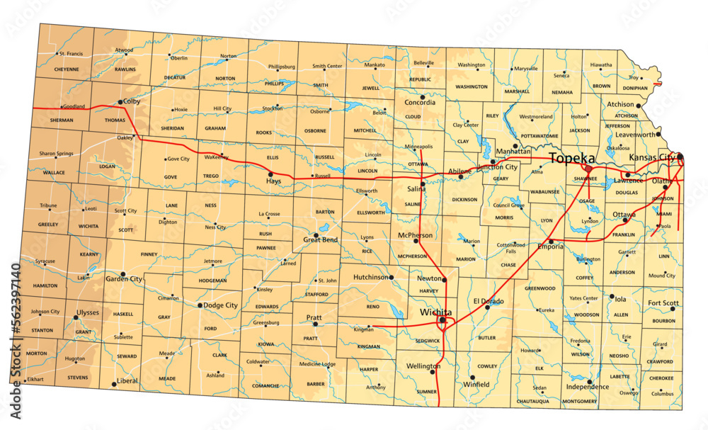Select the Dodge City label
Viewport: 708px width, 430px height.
220,305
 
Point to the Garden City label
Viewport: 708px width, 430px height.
123,279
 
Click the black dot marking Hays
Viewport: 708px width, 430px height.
270,174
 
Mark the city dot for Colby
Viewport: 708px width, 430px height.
120,102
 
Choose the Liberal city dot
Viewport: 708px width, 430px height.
113,384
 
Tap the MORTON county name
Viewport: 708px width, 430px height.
36,353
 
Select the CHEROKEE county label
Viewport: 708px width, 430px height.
661,378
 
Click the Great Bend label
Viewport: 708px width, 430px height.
320,240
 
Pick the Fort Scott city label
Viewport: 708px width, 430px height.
663,303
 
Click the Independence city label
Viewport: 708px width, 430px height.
587,387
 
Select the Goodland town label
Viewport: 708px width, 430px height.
74,107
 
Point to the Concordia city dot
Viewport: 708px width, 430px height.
422,97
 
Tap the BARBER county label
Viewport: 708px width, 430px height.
315,384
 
